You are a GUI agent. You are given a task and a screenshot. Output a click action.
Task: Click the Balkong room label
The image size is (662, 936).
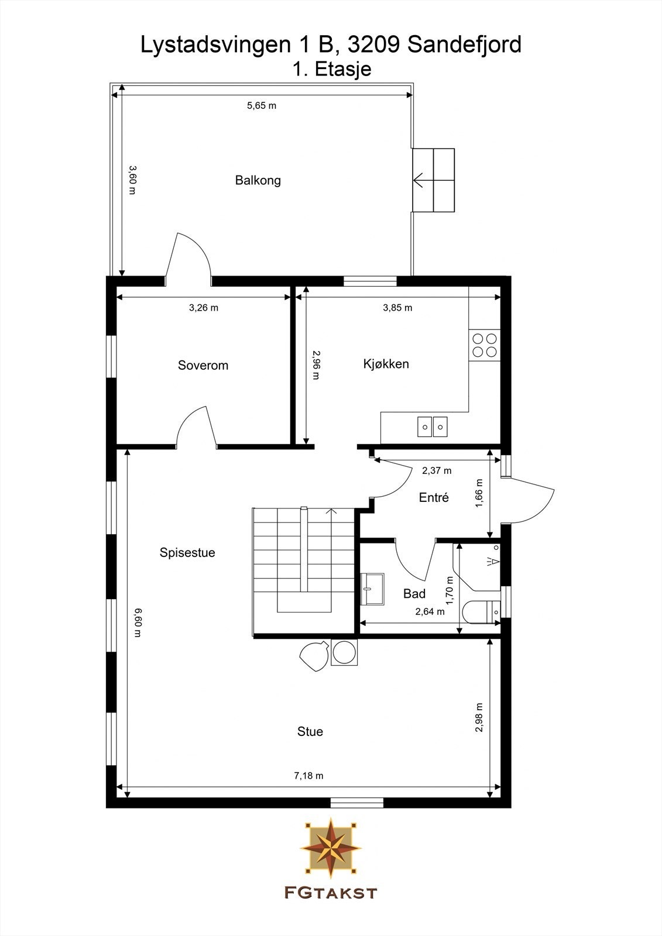258,180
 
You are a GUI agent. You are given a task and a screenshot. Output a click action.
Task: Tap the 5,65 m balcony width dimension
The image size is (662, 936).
261,106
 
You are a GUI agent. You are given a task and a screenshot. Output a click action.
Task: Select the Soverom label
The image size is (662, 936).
203,366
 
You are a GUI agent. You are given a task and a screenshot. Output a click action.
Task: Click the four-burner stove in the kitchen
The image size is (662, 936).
485,345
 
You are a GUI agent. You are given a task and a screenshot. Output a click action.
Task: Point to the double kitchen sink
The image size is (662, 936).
433,426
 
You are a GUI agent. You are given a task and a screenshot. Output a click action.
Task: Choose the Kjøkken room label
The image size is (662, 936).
386,364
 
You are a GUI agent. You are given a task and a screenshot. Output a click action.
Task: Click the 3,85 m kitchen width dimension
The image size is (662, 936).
397,308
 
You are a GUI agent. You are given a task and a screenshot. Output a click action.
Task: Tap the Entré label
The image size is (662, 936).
434,498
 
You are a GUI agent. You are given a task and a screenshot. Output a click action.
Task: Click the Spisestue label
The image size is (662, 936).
187,553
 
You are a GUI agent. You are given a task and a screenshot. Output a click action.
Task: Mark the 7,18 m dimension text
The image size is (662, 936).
308,776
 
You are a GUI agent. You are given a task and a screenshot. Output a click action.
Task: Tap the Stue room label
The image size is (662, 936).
310,732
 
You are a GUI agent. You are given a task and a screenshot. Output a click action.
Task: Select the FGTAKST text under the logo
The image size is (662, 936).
331,893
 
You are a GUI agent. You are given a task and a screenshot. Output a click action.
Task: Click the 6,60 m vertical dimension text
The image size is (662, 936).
138,622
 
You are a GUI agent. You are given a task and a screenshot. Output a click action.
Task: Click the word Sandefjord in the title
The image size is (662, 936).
464,44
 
